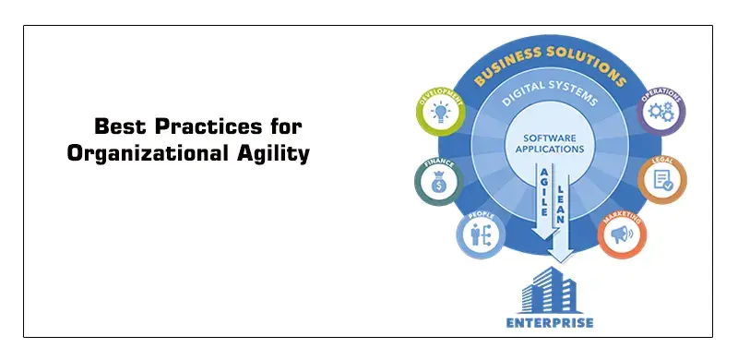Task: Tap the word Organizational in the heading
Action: tap(142, 154)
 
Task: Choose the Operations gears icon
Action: tap(661, 114)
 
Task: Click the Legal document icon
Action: tap(661, 182)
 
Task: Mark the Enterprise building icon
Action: tap(551, 287)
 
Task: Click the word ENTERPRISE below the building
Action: tap(551, 323)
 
